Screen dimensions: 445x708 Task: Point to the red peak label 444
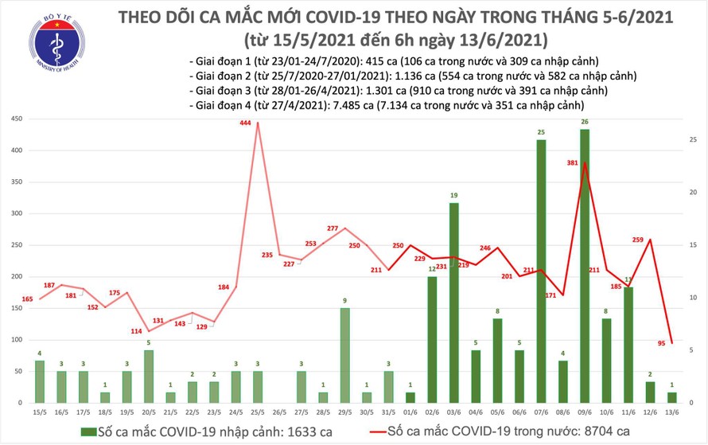(x=246, y=123)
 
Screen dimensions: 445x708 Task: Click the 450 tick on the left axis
(x=17, y=119)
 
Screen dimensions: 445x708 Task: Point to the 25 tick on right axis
(x=694, y=140)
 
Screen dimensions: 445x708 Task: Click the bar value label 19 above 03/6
(x=454, y=195)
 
